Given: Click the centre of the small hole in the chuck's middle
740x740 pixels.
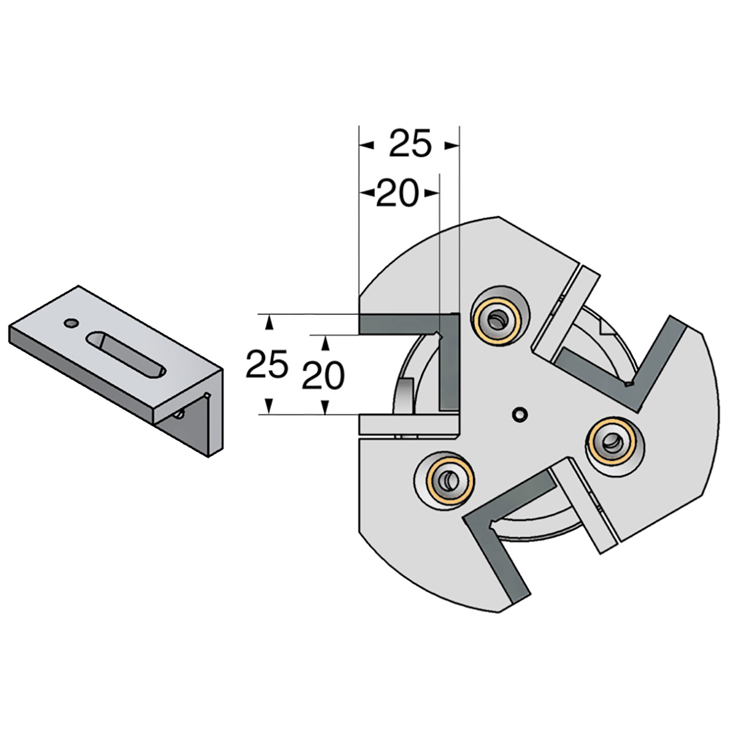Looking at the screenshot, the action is pyautogui.click(x=520, y=414).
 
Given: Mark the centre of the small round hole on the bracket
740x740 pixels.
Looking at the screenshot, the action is pyautogui.click(x=71, y=323).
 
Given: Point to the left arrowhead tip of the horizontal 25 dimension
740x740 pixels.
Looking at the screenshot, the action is pyautogui.click(x=359, y=146).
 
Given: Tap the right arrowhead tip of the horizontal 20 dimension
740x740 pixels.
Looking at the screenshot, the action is pyautogui.click(x=438, y=193).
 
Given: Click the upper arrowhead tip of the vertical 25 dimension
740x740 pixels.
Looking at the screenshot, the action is pyautogui.click(x=269, y=314).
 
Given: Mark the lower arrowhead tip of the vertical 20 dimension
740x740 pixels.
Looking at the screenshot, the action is pyautogui.click(x=325, y=414).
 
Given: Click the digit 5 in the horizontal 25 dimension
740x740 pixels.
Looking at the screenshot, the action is pyautogui.click(x=421, y=144).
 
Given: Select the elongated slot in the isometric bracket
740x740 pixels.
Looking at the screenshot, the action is pyautogui.click(x=126, y=356).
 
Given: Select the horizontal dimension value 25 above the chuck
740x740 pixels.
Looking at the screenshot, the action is pyautogui.click(x=411, y=144).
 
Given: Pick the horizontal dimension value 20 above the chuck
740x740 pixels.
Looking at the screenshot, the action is pyautogui.click(x=397, y=192).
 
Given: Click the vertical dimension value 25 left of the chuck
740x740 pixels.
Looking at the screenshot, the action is pyautogui.click(x=267, y=364).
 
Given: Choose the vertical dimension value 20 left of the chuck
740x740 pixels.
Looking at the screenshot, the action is pyautogui.click(x=323, y=375).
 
